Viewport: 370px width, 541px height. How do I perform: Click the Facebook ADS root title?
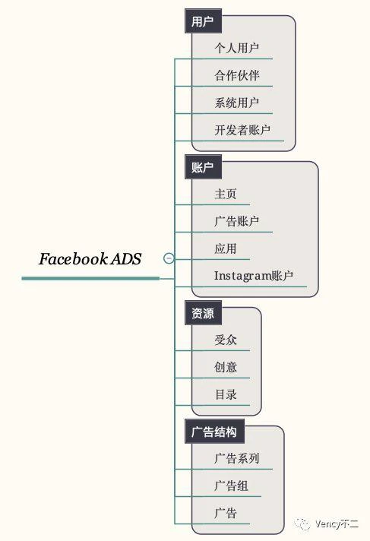coord(90,259)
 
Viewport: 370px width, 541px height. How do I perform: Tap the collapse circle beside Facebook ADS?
coord(169,258)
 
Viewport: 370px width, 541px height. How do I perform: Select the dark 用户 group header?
coord(203,21)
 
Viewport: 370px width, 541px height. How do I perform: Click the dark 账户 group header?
coord(203,167)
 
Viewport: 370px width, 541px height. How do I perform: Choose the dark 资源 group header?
coord(203,313)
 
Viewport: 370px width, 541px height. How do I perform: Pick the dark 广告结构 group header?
coord(214,432)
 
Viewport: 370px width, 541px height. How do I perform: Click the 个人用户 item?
coord(237,48)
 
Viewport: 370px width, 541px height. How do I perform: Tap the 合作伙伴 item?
coord(237,75)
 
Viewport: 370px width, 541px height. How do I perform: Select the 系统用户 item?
coord(237,103)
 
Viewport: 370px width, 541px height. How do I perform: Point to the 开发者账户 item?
coord(242,130)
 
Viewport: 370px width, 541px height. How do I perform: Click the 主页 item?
coord(226,194)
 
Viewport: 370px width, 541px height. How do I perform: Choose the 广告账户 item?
coord(237,221)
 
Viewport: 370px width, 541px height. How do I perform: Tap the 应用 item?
coord(226,248)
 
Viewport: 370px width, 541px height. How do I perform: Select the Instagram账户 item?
coord(254,276)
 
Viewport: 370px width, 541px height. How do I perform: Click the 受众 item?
coord(226,340)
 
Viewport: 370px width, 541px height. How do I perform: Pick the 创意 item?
coord(226,367)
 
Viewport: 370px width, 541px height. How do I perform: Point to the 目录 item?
coord(226,394)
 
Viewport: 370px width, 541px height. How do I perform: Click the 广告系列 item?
coord(237,458)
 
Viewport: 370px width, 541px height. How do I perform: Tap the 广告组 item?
coord(231,486)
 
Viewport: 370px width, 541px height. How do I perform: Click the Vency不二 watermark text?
coord(336,524)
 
